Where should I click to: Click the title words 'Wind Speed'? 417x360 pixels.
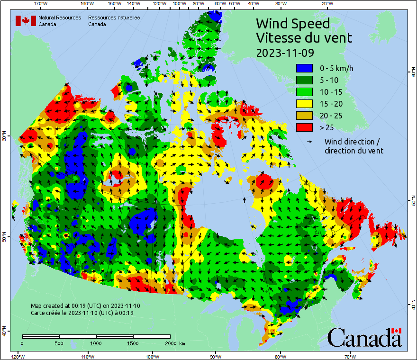(x=292, y=23)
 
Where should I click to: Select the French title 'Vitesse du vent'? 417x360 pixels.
(x=304, y=37)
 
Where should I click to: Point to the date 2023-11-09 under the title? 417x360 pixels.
(x=285, y=53)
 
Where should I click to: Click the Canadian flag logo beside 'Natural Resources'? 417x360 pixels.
(x=26, y=21)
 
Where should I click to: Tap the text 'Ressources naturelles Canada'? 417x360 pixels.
(x=114, y=21)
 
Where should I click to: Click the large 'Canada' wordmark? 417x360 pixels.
(x=364, y=338)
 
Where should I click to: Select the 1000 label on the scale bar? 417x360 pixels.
(x=96, y=342)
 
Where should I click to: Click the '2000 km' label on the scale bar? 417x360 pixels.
(x=175, y=342)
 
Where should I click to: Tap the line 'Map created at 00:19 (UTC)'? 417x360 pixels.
(x=85, y=306)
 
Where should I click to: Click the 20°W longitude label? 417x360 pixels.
(x=326, y=4)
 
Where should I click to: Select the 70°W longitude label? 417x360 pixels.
(x=350, y=356)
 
